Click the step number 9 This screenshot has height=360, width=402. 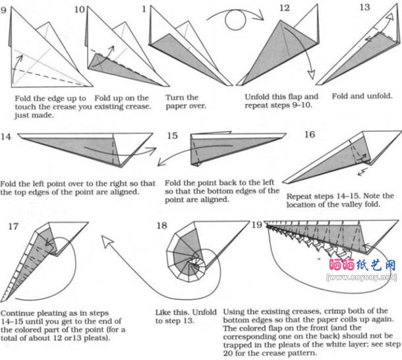point(5,9)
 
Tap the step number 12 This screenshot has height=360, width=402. point(285,8)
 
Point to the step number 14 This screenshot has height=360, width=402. point(6,136)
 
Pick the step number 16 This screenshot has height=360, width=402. point(309,135)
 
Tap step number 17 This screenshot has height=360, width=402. point(13,227)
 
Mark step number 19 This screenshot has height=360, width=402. point(258,225)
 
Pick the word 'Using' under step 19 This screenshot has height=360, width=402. point(238,311)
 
